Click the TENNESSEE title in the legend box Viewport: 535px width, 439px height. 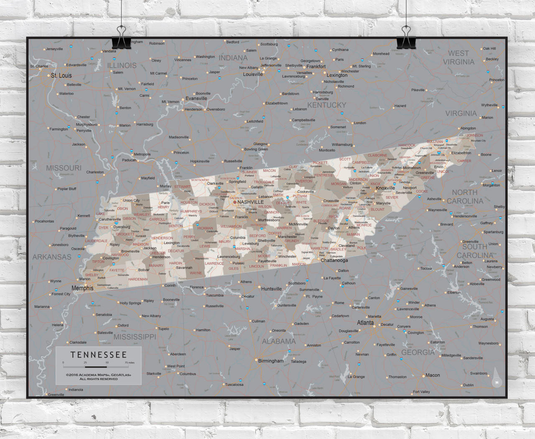pos(99,355)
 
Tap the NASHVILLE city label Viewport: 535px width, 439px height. pos(250,202)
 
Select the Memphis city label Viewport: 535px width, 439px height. pos(82,288)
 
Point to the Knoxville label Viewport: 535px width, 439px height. pos(385,188)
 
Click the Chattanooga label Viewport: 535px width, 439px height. pos(334,260)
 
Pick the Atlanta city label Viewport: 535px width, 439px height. pos(365,323)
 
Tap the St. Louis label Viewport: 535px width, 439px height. pos(61,76)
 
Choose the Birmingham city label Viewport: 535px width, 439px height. pos(270,361)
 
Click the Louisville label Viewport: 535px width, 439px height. pos(253,74)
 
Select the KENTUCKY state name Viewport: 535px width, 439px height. pos(326,105)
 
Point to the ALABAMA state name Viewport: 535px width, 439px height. pos(279,341)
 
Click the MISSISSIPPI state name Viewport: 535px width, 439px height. pos(135,336)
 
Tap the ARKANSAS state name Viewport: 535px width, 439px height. pos(52,257)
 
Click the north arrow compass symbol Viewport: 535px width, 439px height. pos(497,378)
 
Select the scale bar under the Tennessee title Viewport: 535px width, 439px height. pos(99,367)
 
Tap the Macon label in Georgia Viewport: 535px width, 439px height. pos(433,375)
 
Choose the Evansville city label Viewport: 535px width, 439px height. pos(196,99)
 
